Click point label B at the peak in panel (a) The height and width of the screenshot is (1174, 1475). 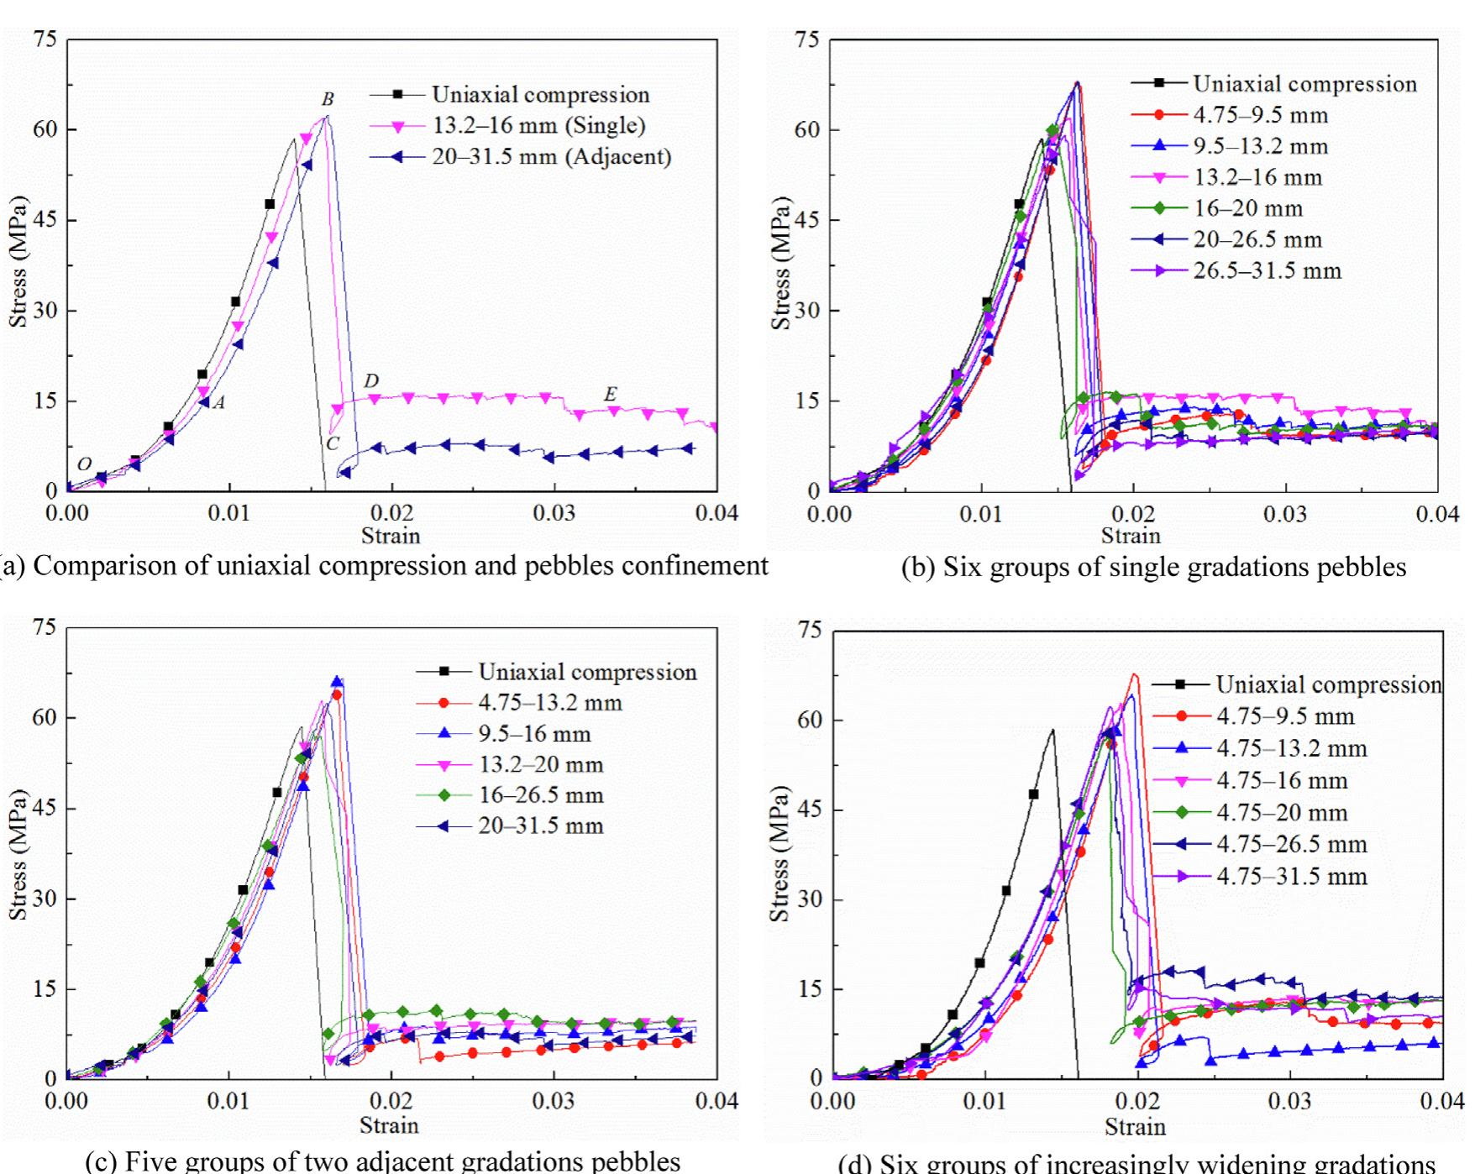(328, 100)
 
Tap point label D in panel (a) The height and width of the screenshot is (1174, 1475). (370, 381)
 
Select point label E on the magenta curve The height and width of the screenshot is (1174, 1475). (610, 394)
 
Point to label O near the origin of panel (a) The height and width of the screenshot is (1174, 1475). (84, 464)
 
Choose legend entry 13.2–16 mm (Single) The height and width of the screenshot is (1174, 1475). (538, 126)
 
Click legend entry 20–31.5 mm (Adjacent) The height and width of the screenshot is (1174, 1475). (551, 157)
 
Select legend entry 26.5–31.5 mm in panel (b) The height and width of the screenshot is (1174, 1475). (1267, 271)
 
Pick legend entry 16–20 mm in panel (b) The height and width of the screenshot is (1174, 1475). (1247, 208)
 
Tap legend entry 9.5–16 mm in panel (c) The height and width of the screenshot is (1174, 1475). (534, 734)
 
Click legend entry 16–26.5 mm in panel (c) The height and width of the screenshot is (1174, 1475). (541, 795)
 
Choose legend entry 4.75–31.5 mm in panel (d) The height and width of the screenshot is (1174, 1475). (1291, 877)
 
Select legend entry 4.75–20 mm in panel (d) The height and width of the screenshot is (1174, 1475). (1281, 813)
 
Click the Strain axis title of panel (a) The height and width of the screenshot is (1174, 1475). (391, 535)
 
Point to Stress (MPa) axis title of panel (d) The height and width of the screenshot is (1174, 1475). (780, 854)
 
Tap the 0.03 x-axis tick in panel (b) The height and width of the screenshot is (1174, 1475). (1285, 514)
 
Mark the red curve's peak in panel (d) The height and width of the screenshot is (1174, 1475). (1135, 674)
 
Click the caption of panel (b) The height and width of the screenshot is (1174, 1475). (1153, 567)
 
